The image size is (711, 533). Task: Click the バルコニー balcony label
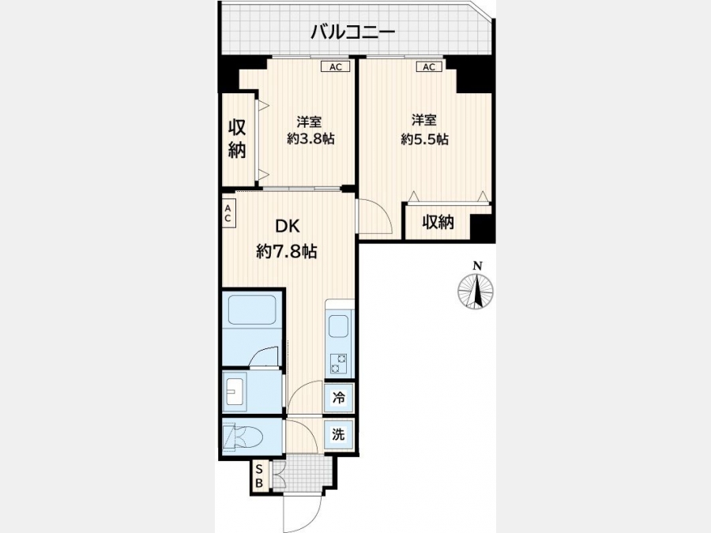click(353, 32)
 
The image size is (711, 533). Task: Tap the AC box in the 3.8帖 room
click(336, 66)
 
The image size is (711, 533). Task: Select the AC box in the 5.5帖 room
click(429, 66)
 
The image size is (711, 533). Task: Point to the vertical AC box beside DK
click(228, 213)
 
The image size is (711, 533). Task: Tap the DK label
click(288, 226)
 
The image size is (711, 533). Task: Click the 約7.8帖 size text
click(287, 250)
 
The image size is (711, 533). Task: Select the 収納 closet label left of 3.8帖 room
click(237, 139)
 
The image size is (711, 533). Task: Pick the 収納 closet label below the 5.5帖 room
click(438, 222)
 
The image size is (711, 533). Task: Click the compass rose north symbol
click(476, 291)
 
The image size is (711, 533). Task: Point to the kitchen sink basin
click(338, 326)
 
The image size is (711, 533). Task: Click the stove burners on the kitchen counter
click(338, 363)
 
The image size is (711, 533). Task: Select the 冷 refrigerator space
click(339, 398)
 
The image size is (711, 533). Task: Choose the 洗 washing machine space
click(339, 434)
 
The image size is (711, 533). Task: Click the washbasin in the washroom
click(235, 392)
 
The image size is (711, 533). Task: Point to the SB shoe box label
click(259, 476)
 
